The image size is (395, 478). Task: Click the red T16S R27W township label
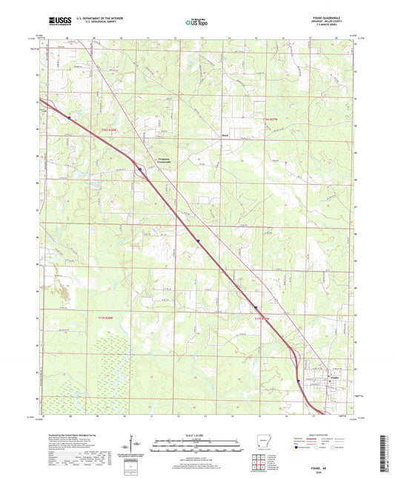tap(274, 119)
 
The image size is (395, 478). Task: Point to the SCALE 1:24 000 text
tap(196, 434)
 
